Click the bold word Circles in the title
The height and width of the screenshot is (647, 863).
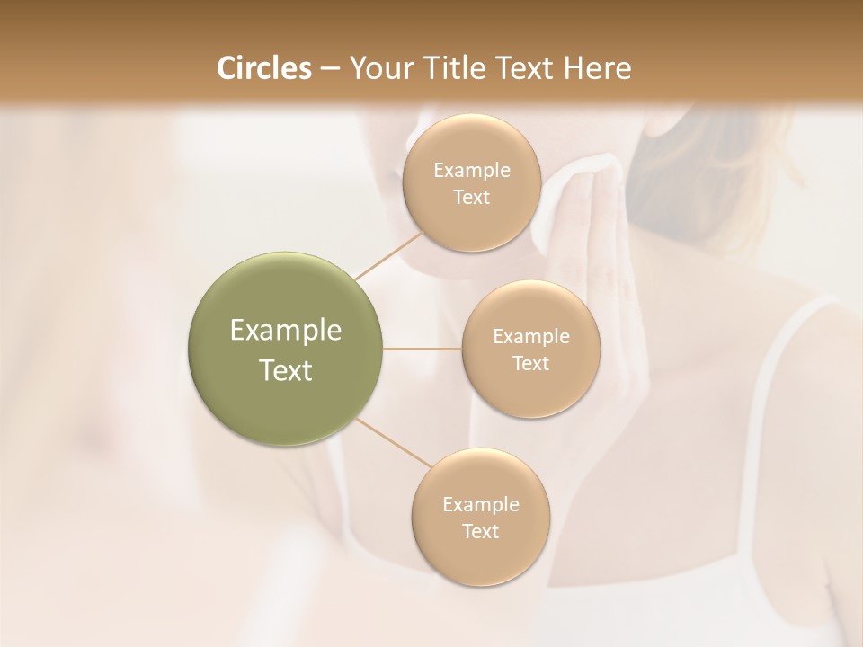click(x=263, y=68)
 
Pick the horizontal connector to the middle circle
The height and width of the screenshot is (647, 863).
click(x=423, y=349)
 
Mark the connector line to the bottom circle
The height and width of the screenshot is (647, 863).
click(x=396, y=443)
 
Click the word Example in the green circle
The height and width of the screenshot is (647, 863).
click(x=286, y=331)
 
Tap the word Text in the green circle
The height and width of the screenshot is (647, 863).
click(x=286, y=370)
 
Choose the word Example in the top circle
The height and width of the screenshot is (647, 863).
click(x=472, y=171)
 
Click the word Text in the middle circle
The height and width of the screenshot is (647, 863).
click(x=530, y=363)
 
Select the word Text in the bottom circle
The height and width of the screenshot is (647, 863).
click(x=480, y=531)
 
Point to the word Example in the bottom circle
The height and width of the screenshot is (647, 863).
click(x=481, y=505)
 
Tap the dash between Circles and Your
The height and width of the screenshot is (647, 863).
click(x=329, y=69)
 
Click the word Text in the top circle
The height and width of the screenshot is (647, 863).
click(x=471, y=197)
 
